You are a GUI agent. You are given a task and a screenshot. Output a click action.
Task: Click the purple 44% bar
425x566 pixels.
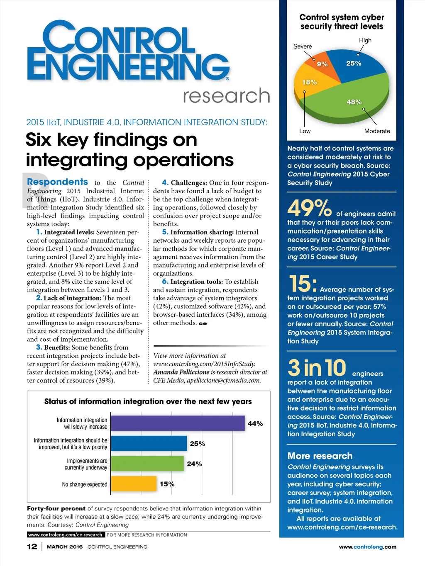[x=178, y=423]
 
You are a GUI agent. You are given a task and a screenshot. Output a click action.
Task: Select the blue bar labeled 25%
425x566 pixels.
[x=149, y=443]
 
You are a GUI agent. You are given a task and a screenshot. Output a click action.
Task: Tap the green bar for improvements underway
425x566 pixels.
[x=147, y=464]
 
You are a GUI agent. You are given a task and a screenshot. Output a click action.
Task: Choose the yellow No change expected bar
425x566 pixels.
[x=134, y=483]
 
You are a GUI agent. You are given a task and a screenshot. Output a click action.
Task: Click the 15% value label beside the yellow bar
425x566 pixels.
[x=167, y=484]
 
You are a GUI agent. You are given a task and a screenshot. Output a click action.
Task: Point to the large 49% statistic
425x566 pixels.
[x=310, y=208]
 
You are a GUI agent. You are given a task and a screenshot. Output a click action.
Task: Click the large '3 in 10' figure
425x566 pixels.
[x=317, y=368]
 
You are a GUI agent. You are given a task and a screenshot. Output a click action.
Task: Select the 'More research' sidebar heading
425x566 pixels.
[x=320, y=456]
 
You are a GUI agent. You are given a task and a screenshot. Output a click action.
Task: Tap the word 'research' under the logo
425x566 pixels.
[x=226, y=96]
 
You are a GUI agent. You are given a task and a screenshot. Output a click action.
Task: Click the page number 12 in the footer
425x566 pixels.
[x=32, y=547]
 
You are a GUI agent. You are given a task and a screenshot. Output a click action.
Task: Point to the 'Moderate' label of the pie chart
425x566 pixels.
[x=377, y=131]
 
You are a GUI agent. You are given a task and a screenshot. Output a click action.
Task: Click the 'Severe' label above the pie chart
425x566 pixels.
[x=302, y=46]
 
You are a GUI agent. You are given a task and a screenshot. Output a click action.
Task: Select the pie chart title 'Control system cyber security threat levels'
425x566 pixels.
[x=342, y=22]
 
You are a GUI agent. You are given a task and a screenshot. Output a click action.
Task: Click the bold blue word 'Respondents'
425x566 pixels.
[x=57, y=182]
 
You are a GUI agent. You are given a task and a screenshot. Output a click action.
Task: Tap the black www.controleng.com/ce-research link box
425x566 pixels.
[x=65, y=535]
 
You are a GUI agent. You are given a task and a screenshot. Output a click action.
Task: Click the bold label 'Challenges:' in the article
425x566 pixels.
[x=189, y=183]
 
